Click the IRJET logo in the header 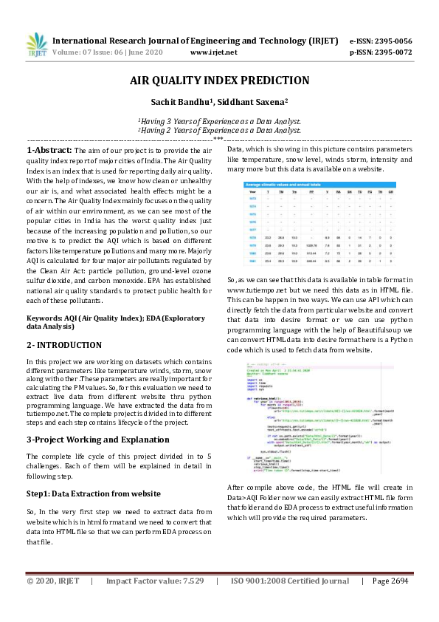[x=37, y=46]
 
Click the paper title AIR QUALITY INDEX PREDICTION [x=219, y=81]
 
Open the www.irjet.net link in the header [x=213, y=52]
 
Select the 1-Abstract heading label [x=48, y=150]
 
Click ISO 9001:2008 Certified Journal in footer [x=290, y=602]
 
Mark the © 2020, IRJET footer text [x=52, y=602]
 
